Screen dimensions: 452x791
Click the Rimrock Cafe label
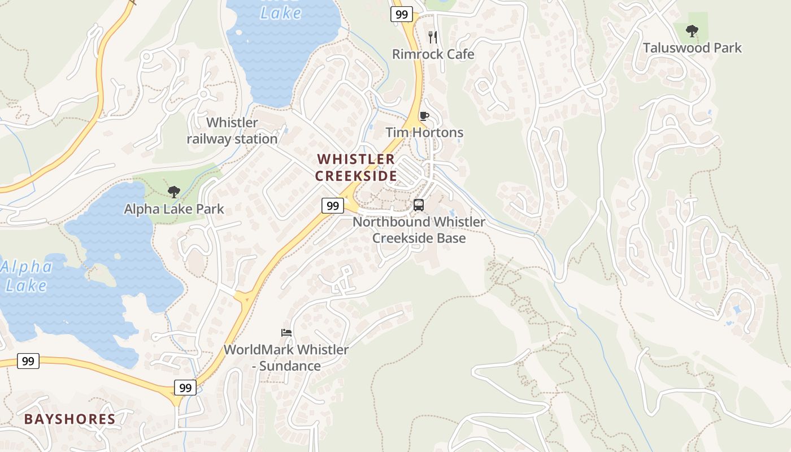pos(433,54)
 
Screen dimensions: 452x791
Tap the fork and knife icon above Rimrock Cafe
pos(433,37)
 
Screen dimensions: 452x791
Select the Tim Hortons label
pos(424,133)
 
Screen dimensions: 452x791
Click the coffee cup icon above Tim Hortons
pos(424,116)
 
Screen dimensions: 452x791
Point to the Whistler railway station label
pos(232,131)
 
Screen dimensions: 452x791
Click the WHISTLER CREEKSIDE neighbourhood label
pos(356,167)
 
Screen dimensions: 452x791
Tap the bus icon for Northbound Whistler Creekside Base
pos(419,205)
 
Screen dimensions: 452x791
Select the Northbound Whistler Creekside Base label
pos(419,229)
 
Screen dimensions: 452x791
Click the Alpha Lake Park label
pos(174,209)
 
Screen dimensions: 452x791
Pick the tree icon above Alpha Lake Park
pos(174,192)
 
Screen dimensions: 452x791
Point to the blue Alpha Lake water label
pos(27,276)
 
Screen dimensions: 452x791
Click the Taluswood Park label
pos(692,47)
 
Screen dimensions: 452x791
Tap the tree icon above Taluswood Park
pos(692,31)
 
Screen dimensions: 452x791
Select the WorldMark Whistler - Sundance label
pos(286,358)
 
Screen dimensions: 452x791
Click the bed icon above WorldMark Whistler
pos(286,332)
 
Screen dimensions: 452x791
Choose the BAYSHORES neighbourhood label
pos(69,419)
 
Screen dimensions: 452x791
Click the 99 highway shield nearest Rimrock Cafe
pos(402,14)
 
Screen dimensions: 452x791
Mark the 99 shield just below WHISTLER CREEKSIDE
pos(333,206)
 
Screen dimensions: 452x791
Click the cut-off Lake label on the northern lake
pos(281,11)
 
